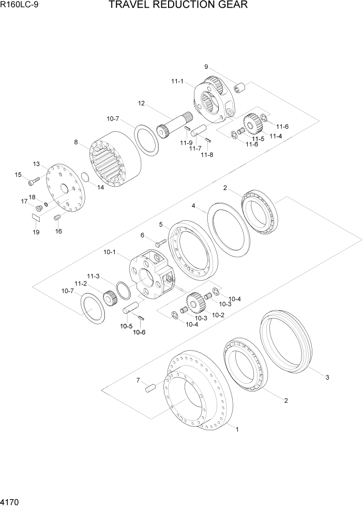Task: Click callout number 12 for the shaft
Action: point(141,103)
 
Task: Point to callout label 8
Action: point(76,142)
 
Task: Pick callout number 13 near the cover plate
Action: point(37,164)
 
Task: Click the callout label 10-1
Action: point(110,252)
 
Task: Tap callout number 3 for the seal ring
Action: point(327,377)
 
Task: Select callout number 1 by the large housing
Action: point(237,429)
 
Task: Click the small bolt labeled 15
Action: point(34,180)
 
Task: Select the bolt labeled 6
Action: point(159,242)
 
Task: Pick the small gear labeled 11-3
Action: point(108,298)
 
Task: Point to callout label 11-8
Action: point(207,155)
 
